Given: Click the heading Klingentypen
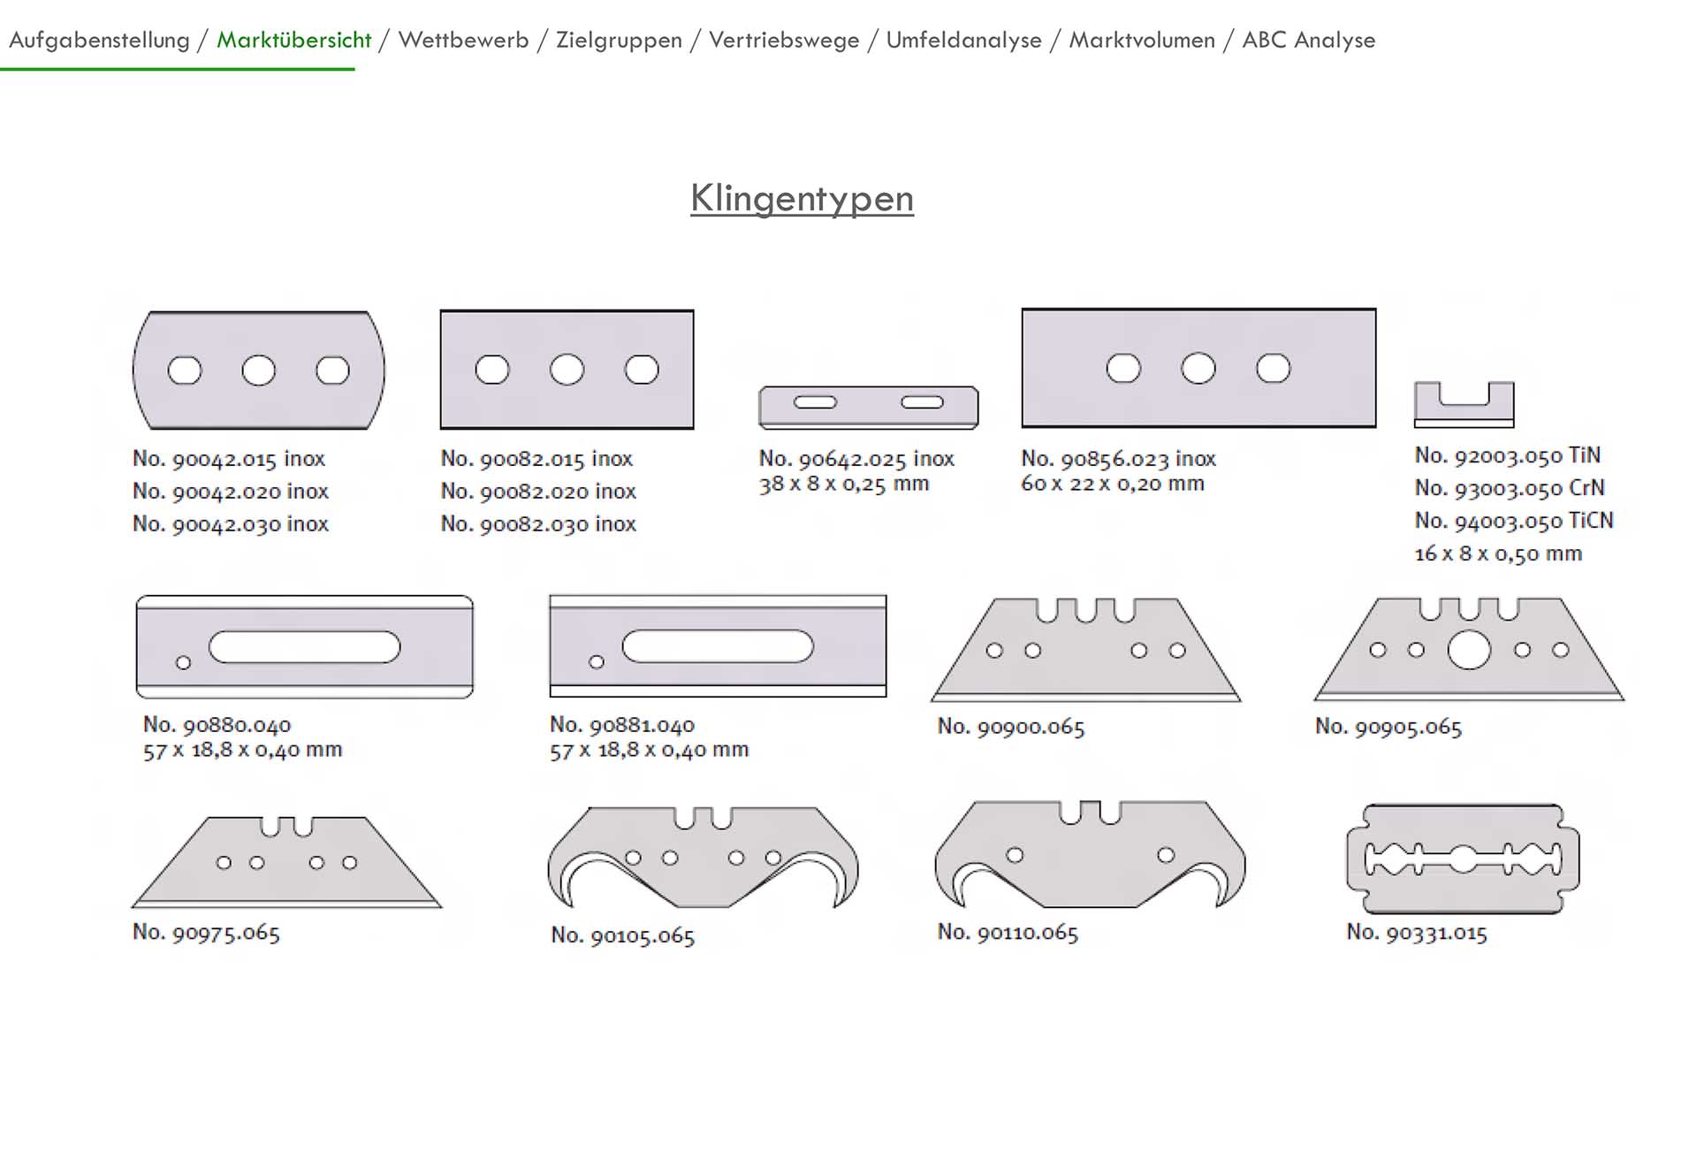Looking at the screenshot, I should click(802, 199).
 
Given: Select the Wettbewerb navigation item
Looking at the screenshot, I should click(463, 41).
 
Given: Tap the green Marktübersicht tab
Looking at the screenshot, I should click(293, 41).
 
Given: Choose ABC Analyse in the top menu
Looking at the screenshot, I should click(1308, 41).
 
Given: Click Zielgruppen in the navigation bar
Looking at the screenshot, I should click(619, 41).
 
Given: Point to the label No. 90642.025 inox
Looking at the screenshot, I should click(856, 459).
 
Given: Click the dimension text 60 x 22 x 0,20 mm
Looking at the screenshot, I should click(1112, 484).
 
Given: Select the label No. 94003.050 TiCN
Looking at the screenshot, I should click(1513, 521).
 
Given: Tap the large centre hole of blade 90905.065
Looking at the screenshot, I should click(1468, 651).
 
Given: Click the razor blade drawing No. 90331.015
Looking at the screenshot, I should click(1463, 858).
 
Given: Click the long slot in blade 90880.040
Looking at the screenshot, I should click(305, 647).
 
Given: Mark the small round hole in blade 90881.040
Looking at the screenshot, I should click(597, 662).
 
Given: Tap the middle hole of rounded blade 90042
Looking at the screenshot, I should click(259, 370).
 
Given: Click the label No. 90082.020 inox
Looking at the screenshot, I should click(538, 492).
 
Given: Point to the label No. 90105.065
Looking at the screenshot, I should click(622, 935).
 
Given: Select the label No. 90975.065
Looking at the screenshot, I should click(206, 933).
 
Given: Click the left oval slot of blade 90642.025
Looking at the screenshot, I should click(815, 403).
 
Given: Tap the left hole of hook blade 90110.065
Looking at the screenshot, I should click(1015, 855).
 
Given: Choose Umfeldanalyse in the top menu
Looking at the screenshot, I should click(963, 41).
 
